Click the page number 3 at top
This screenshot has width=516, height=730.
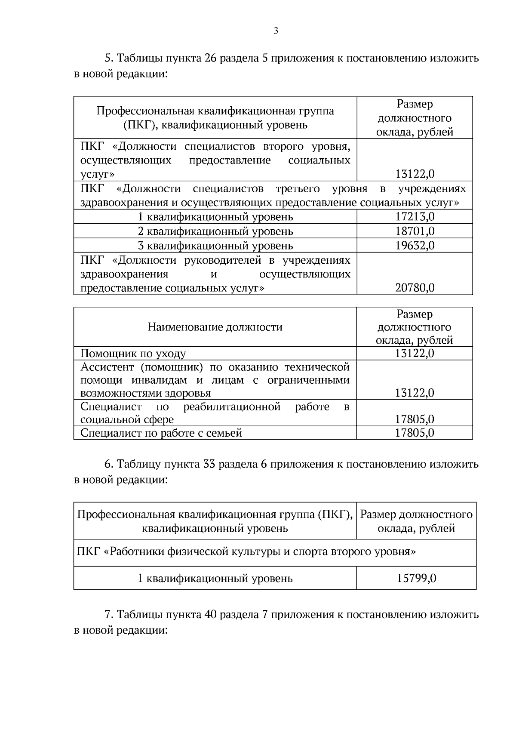click(276, 31)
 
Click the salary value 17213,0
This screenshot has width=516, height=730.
click(415, 217)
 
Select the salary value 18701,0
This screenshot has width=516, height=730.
click(415, 231)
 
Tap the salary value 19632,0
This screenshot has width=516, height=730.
click(415, 246)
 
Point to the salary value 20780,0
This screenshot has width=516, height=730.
click(415, 288)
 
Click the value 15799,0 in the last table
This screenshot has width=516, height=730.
click(416, 578)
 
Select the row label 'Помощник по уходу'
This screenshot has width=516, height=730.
click(133, 354)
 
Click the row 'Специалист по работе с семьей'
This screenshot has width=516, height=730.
click(161, 433)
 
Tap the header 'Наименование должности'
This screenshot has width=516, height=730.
click(215, 327)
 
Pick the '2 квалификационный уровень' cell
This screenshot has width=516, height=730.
click(215, 231)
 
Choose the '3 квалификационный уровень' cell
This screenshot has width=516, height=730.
click(215, 246)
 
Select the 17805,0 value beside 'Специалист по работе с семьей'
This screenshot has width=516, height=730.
click(415, 433)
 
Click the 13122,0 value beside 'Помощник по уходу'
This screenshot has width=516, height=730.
click(415, 354)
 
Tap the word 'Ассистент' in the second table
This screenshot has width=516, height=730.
click(107, 367)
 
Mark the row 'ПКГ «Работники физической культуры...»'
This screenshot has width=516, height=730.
click(246, 552)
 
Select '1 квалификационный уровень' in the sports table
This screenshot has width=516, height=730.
click(215, 578)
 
